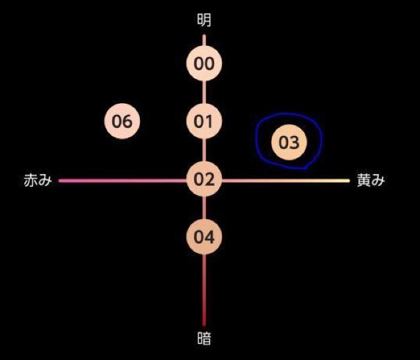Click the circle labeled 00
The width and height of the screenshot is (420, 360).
(x=204, y=63)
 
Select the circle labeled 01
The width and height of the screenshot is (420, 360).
(x=204, y=121)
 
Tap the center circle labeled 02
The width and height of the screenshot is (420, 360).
(x=204, y=179)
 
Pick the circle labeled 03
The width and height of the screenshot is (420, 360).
(x=289, y=142)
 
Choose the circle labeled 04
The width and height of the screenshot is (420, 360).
(x=204, y=237)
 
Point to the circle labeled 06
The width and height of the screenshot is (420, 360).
(x=122, y=121)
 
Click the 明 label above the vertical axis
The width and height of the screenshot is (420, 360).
(x=204, y=20)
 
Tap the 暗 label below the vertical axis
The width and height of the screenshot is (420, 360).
(x=204, y=338)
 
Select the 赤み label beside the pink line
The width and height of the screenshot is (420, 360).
(x=38, y=179)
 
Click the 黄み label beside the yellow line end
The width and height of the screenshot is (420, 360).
(x=371, y=179)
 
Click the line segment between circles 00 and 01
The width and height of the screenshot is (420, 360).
(x=204, y=93)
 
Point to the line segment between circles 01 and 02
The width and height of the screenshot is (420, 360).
(x=204, y=150)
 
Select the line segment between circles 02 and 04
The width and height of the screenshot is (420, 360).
(x=204, y=208)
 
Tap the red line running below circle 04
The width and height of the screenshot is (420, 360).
(x=204, y=290)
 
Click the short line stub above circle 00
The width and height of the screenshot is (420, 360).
(x=204, y=40)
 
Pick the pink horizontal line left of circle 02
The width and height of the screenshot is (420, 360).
(x=123, y=181)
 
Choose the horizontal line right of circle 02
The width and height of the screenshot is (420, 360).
(x=286, y=181)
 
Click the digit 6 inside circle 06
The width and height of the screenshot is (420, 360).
(x=127, y=122)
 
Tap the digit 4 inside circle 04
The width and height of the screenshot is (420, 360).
(x=209, y=237)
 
